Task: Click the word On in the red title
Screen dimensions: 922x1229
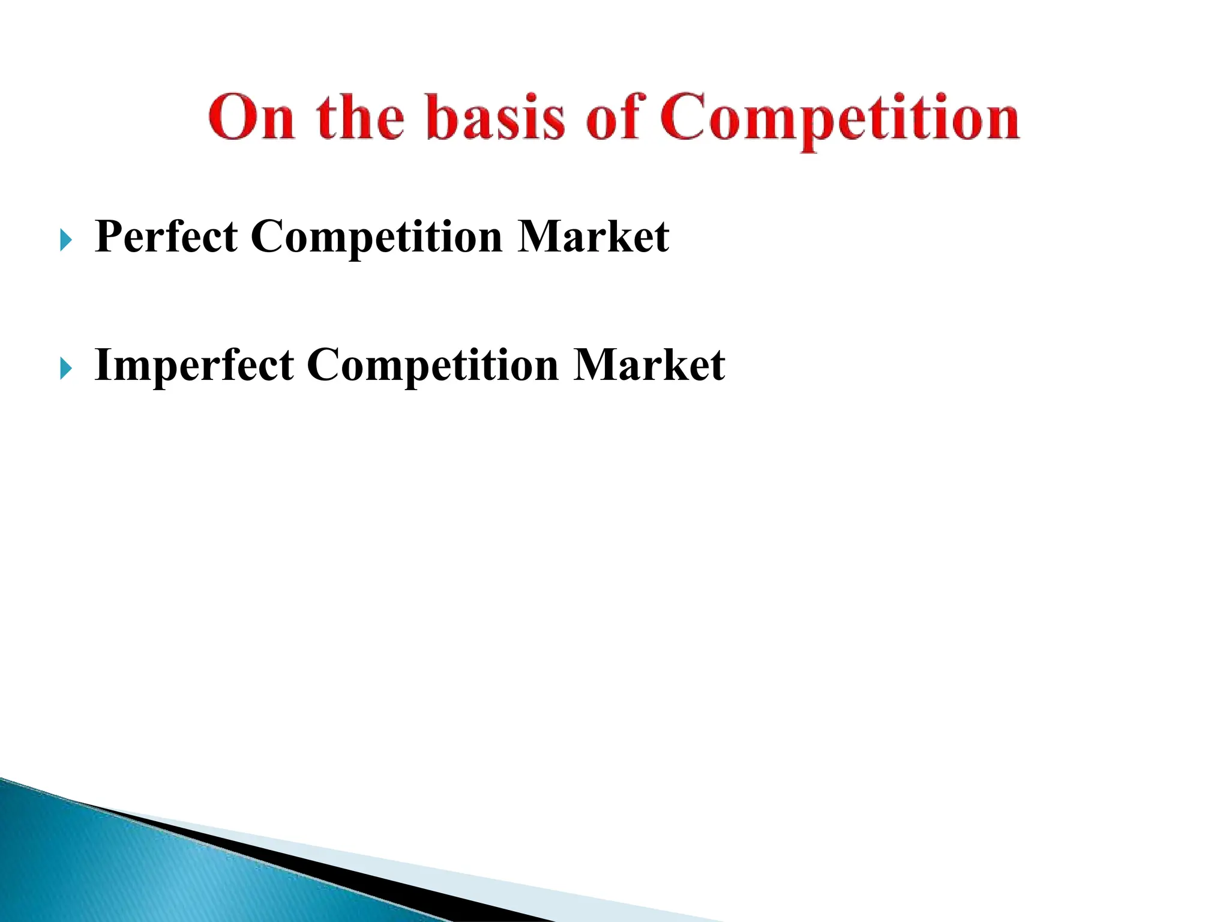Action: [252, 117]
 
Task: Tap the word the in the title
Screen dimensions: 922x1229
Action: [361, 117]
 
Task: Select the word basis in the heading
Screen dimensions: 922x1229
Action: [496, 117]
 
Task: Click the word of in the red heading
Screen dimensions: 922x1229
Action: [613, 117]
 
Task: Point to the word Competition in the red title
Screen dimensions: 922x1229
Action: [840, 118]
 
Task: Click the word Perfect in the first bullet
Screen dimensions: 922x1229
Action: [166, 237]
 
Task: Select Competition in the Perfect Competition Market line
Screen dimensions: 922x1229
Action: [376, 238]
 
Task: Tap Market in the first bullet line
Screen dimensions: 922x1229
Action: [593, 237]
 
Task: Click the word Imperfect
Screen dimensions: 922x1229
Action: [194, 365]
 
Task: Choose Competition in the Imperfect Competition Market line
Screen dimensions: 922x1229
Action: [433, 366]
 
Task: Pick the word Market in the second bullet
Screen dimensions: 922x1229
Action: [649, 365]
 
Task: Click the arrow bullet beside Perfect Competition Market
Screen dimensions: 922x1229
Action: [66, 241]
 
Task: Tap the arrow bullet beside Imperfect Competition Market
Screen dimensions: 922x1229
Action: [66, 369]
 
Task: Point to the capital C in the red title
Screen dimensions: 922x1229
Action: [684, 117]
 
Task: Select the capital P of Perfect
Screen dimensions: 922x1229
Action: [109, 237]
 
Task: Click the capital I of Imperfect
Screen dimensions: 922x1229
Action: [103, 365]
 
